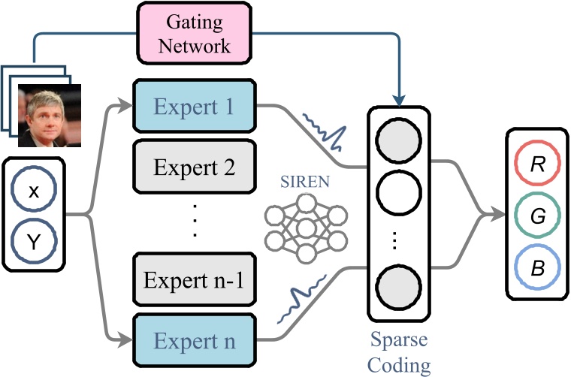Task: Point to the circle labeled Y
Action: (x=33, y=241)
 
